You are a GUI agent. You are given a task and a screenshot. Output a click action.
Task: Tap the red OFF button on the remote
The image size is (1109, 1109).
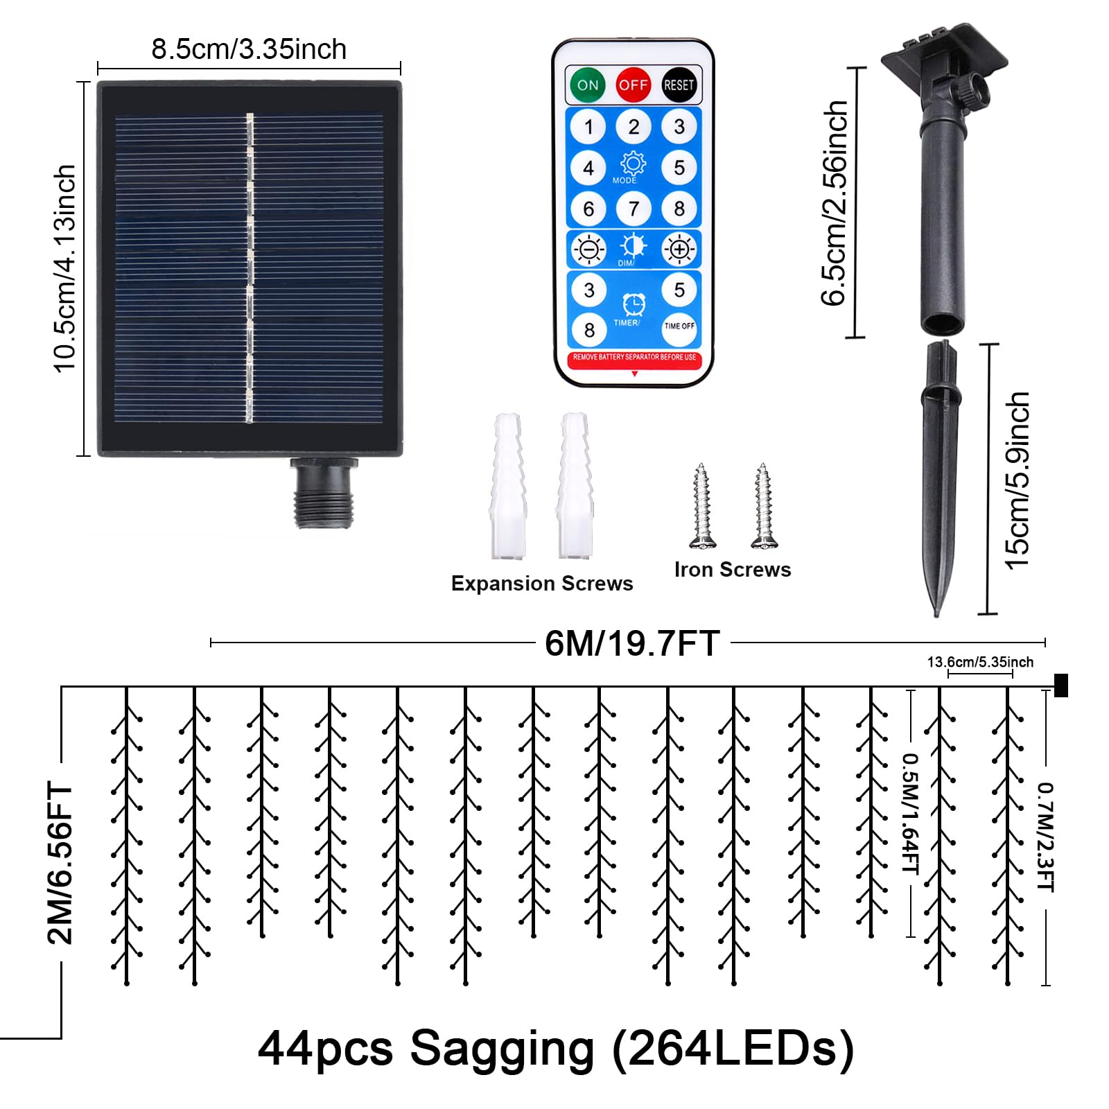633,85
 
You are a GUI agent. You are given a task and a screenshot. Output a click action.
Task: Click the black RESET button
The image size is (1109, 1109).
679,85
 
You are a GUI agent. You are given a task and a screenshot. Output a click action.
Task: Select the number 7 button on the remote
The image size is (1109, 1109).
634,209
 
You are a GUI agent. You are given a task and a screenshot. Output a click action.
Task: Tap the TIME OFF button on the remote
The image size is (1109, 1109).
679,326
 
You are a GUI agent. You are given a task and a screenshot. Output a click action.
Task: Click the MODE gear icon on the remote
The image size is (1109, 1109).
633,164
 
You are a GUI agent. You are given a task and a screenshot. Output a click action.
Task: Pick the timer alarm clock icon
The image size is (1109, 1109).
634,304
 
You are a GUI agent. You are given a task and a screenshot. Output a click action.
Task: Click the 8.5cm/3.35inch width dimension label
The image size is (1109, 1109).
249,49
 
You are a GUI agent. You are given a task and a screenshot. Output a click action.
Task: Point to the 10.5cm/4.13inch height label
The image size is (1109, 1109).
64,269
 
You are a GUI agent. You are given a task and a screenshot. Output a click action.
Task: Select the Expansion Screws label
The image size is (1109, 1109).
542,584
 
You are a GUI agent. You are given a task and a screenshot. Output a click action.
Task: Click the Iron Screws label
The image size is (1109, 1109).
733,570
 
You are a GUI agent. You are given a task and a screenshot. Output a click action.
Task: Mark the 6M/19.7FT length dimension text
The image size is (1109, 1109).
632,643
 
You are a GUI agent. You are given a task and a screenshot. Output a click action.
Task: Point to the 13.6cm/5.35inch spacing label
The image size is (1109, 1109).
980,662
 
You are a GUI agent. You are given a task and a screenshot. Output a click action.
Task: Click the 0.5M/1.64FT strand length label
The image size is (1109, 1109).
910,814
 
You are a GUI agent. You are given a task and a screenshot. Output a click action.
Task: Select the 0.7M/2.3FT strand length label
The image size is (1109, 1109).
1045,837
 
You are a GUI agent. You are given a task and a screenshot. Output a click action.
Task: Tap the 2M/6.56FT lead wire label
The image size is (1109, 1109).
60,862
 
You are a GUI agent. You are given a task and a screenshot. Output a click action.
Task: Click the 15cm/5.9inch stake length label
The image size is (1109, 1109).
1018,481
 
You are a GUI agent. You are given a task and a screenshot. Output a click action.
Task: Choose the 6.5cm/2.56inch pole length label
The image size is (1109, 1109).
835,203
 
